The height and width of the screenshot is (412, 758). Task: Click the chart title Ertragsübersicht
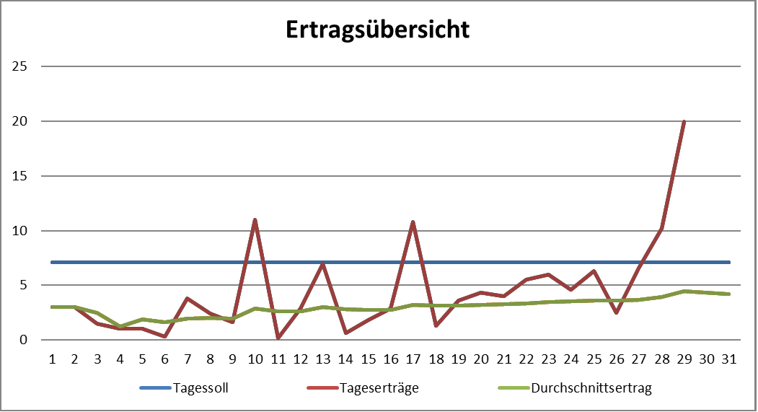(x=377, y=30)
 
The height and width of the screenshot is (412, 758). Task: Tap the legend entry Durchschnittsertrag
(x=591, y=388)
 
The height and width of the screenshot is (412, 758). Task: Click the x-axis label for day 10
(x=255, y=358)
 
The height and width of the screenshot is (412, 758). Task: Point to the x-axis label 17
(x=413, y=358)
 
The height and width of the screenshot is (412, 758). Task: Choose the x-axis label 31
(x=729, y=358)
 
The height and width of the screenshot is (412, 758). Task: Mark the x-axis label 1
(x=52, y=358)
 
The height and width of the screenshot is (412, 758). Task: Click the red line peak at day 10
(x=255, y=219)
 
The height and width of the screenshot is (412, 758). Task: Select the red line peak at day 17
(x=413, y=222)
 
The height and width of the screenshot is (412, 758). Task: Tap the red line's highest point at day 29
(x=684, y=121)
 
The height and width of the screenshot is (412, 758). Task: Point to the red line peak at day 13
(x=322, y=263)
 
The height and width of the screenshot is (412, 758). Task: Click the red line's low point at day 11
(x=278, y=338)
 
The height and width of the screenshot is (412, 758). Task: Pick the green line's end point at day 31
(x=729, y=294)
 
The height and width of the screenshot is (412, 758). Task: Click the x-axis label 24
(x=570, y=358)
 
